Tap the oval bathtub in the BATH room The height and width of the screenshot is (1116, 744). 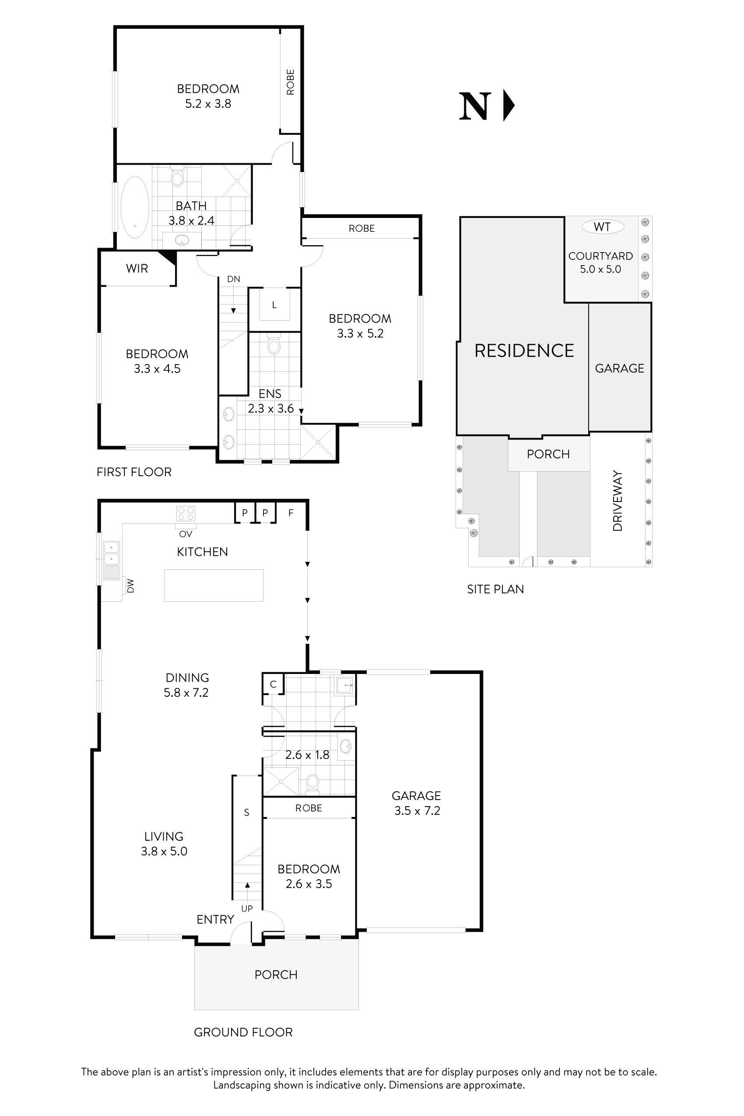tap(135, 207)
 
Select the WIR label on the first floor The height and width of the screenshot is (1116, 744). tap(137, 269)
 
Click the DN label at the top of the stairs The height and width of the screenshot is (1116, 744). tap(233, 279)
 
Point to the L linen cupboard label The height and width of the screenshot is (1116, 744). tap(274, 305)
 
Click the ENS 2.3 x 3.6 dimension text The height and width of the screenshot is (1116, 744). tap(270, 408)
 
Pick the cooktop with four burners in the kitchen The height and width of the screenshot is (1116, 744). tap(186, 513)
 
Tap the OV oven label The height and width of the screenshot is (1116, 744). tap(186, 534)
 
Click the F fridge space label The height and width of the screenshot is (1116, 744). tap(291, 512)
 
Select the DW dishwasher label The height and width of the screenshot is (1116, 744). tap(130, 586)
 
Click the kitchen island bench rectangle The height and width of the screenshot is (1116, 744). tap(214, 586)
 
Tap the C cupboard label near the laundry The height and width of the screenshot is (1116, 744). tap(273, 684)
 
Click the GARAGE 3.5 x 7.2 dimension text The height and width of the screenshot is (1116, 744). tap(417, 811)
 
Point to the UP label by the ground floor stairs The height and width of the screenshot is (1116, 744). tap(247, 908)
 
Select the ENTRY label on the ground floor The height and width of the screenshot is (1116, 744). tap(215, 919)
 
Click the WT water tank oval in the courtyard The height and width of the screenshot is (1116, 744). tap(602, 227)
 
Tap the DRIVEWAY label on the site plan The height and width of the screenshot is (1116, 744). tap(618, 501)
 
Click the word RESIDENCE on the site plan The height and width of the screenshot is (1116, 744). tap(524, 351)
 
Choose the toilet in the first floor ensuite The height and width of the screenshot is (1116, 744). tap(274, 345)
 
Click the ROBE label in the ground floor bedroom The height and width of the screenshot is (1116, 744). tap(309, 808)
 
